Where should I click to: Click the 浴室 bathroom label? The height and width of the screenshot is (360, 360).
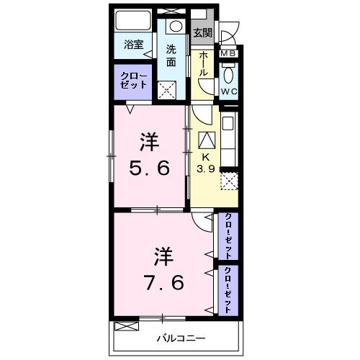point(133,45)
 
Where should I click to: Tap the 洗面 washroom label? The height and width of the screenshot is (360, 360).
point(171,55)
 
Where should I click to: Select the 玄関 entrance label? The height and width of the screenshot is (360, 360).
point(202,33)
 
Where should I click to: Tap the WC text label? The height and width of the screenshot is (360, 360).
point(230,91)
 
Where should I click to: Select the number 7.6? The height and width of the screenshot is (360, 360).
point(163,280)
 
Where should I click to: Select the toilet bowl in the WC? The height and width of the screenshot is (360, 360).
point(230,74)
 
